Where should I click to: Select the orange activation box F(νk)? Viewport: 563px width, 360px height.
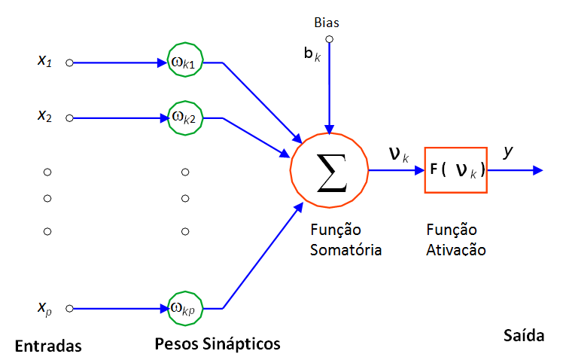click(x=455, y=170)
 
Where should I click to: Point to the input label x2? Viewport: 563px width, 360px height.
click(x=44, y=116)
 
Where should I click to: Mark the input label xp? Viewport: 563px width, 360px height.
click(x=44, y=307)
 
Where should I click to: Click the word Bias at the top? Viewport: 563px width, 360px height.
click(x=327, y=23)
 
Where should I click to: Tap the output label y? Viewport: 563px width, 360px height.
click(x=508, y=151)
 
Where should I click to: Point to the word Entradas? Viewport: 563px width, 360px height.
click(x=47, y=346)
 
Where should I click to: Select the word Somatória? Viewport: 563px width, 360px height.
click(x=346, y=249)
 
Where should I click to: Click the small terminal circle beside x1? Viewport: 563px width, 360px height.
click(x=69, y=63)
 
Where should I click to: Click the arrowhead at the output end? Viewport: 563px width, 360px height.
click(x=537, y=170)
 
